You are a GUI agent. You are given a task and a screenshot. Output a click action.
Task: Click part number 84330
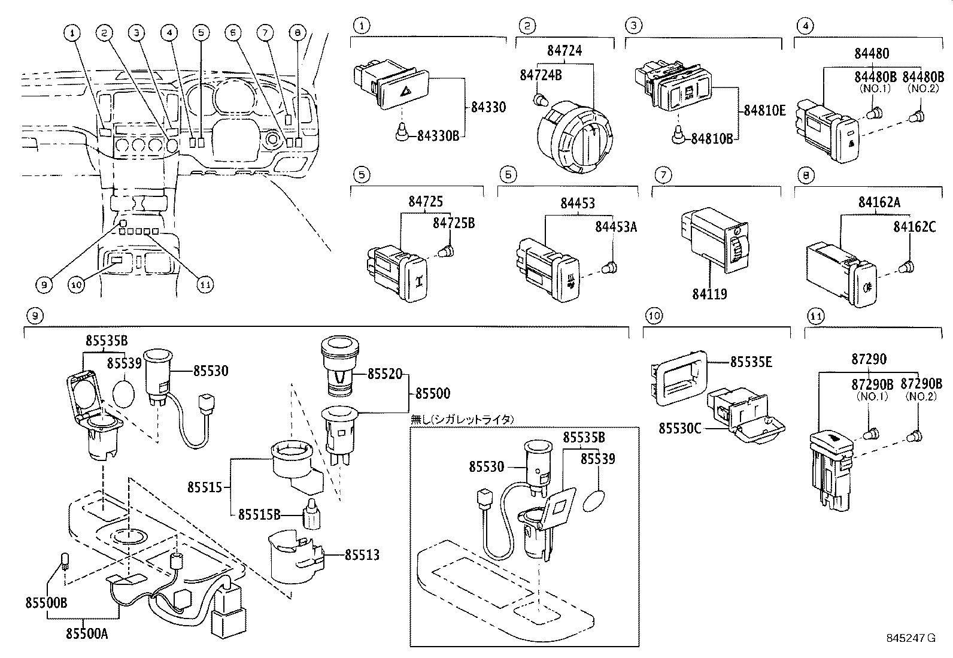488,108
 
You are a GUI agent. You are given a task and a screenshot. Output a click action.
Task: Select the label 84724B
541,75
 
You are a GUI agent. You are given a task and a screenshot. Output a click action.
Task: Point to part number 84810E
764,111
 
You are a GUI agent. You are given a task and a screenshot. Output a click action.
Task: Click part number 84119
709,294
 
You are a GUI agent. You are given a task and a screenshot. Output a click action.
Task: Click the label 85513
362,555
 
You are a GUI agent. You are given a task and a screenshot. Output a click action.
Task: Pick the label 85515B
259,514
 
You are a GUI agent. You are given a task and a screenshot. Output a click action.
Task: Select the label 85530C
681,429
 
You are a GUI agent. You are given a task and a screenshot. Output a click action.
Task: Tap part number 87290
869,359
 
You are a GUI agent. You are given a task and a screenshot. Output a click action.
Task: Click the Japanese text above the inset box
462,420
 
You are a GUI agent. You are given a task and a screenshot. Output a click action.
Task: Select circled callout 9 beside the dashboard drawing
44,285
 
